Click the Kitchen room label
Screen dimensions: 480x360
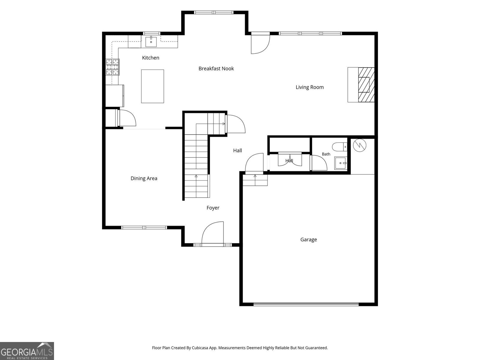coord(151,58)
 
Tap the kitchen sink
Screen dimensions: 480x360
coord(151,42)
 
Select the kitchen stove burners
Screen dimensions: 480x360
coord(112,67)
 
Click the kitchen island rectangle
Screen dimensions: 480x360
coord(152,86)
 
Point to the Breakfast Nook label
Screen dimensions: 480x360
coord(216,68)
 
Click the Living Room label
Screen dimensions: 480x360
coord(310,87)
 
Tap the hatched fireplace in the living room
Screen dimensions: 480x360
coord(366,85)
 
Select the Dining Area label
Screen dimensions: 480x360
coord(144,178)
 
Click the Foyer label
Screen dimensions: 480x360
coord(213,208)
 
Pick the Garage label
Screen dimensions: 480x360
coord(309,240)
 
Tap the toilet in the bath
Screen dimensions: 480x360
coord(339,147)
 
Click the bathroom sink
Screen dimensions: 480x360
coord(340,163)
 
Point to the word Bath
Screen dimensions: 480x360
coord(326,154)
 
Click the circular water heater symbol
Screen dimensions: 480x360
coord(359,145)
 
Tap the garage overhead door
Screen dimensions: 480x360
coord(306,304)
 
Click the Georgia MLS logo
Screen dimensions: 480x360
coord(27,351)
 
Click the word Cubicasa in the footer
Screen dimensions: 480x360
coord(200,348)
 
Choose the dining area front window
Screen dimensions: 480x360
coord(144,227)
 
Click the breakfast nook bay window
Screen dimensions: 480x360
coord(214,13)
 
